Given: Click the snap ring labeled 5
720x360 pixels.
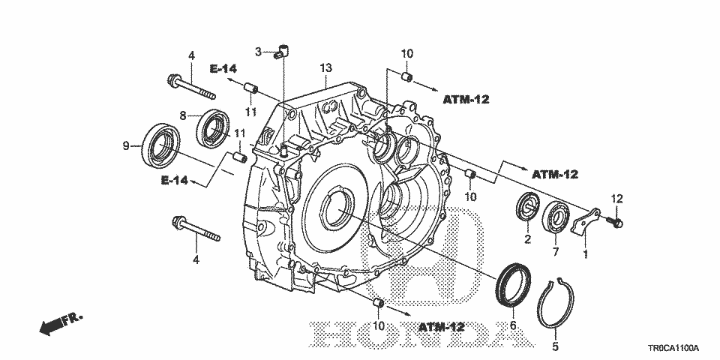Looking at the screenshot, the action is pos(539,303).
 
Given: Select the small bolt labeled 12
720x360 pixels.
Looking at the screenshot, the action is pos(614,222).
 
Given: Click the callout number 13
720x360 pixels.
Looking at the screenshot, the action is pos(325,68).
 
